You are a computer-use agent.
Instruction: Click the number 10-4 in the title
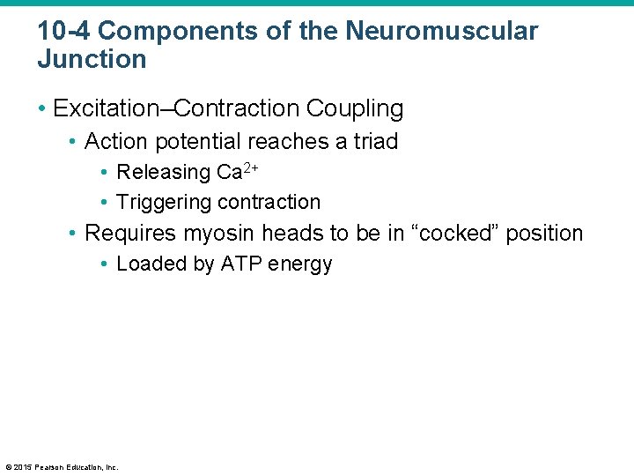64,31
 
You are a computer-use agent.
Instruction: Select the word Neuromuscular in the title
441,31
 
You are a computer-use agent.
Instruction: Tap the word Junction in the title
92,60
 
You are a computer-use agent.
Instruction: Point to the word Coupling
355,109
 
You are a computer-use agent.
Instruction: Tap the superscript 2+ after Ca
250,166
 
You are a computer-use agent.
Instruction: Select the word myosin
212,234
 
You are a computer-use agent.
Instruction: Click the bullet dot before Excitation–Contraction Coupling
41,109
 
